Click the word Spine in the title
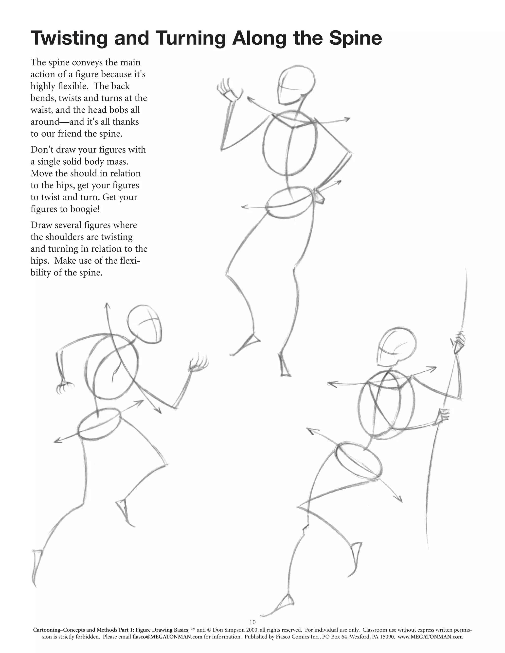click(355, 39)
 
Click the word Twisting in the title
click(69, 39)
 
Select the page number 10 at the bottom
click(252, 622)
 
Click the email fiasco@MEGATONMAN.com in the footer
click(167, 636)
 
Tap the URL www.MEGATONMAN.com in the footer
click(430, 636)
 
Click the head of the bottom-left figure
click(146, 325)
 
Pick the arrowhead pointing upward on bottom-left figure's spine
click(107, 306)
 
